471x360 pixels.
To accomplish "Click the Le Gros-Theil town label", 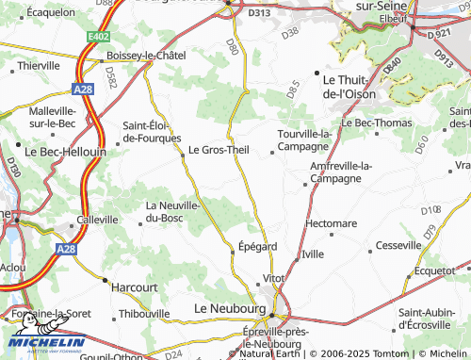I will click(x=218, y=149).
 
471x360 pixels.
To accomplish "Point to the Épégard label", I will click(x=257, y=247).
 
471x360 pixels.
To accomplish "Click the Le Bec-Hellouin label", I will click(x=64, y=150).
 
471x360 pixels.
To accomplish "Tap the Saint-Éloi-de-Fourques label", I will click(x=153, y=131).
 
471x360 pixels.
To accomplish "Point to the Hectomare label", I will click(x=332, y=223).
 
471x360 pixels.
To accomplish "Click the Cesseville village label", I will click(x=398, y=245).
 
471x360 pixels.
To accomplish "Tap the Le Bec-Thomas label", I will click(x=376, y=123).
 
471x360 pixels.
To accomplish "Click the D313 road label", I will click(x=258, y=14).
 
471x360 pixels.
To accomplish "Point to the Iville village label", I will click(x=313, y=255).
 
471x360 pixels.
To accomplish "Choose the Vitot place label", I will click(x=273, y=279).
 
